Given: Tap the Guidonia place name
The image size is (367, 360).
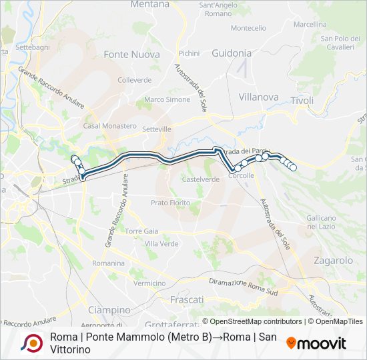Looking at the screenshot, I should coord(232,53).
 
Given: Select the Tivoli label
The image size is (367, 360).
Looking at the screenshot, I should coord(302,101).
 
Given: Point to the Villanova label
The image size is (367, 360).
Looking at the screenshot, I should coord(258,97).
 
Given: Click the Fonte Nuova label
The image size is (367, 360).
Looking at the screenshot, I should coord(131,55).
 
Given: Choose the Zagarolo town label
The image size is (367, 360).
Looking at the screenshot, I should coord(332,261).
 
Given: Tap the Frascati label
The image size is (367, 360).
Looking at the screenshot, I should coord(187,300).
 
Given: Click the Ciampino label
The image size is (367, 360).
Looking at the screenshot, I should coord(109,310).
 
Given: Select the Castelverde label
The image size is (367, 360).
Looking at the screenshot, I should coord(201,179).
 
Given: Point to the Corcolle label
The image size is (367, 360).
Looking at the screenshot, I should coord(242,175).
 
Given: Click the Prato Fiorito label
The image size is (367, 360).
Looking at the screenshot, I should coord(171,202).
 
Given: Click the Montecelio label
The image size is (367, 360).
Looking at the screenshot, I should coord(249,28).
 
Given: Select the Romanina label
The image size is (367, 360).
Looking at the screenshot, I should coord(109,263).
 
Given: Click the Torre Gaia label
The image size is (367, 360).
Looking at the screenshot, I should coord(141,231).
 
